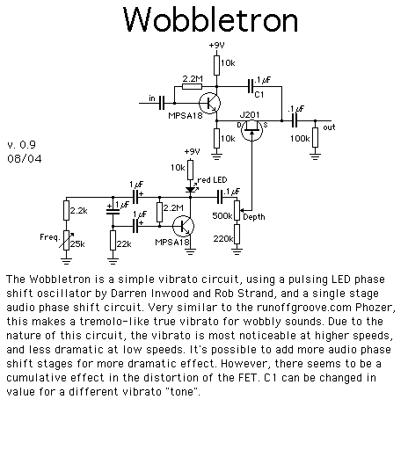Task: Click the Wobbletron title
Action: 210,19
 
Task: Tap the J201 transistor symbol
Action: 251,130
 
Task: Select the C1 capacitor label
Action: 259,94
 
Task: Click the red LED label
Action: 213,179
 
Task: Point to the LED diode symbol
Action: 190,190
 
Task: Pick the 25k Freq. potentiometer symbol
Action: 67,240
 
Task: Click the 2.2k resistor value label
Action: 78,210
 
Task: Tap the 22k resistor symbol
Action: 113,240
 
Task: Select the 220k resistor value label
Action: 223,239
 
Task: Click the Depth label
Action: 254,217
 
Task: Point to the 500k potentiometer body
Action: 237,210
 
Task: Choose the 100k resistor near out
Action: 315,137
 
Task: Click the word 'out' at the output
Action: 329,127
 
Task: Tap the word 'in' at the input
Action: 152,98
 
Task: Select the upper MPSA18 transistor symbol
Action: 209,103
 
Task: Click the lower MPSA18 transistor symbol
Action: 183,226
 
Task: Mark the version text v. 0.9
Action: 21,145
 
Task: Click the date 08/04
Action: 25,158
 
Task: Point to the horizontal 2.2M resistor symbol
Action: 192,86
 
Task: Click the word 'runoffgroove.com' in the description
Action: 304,308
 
